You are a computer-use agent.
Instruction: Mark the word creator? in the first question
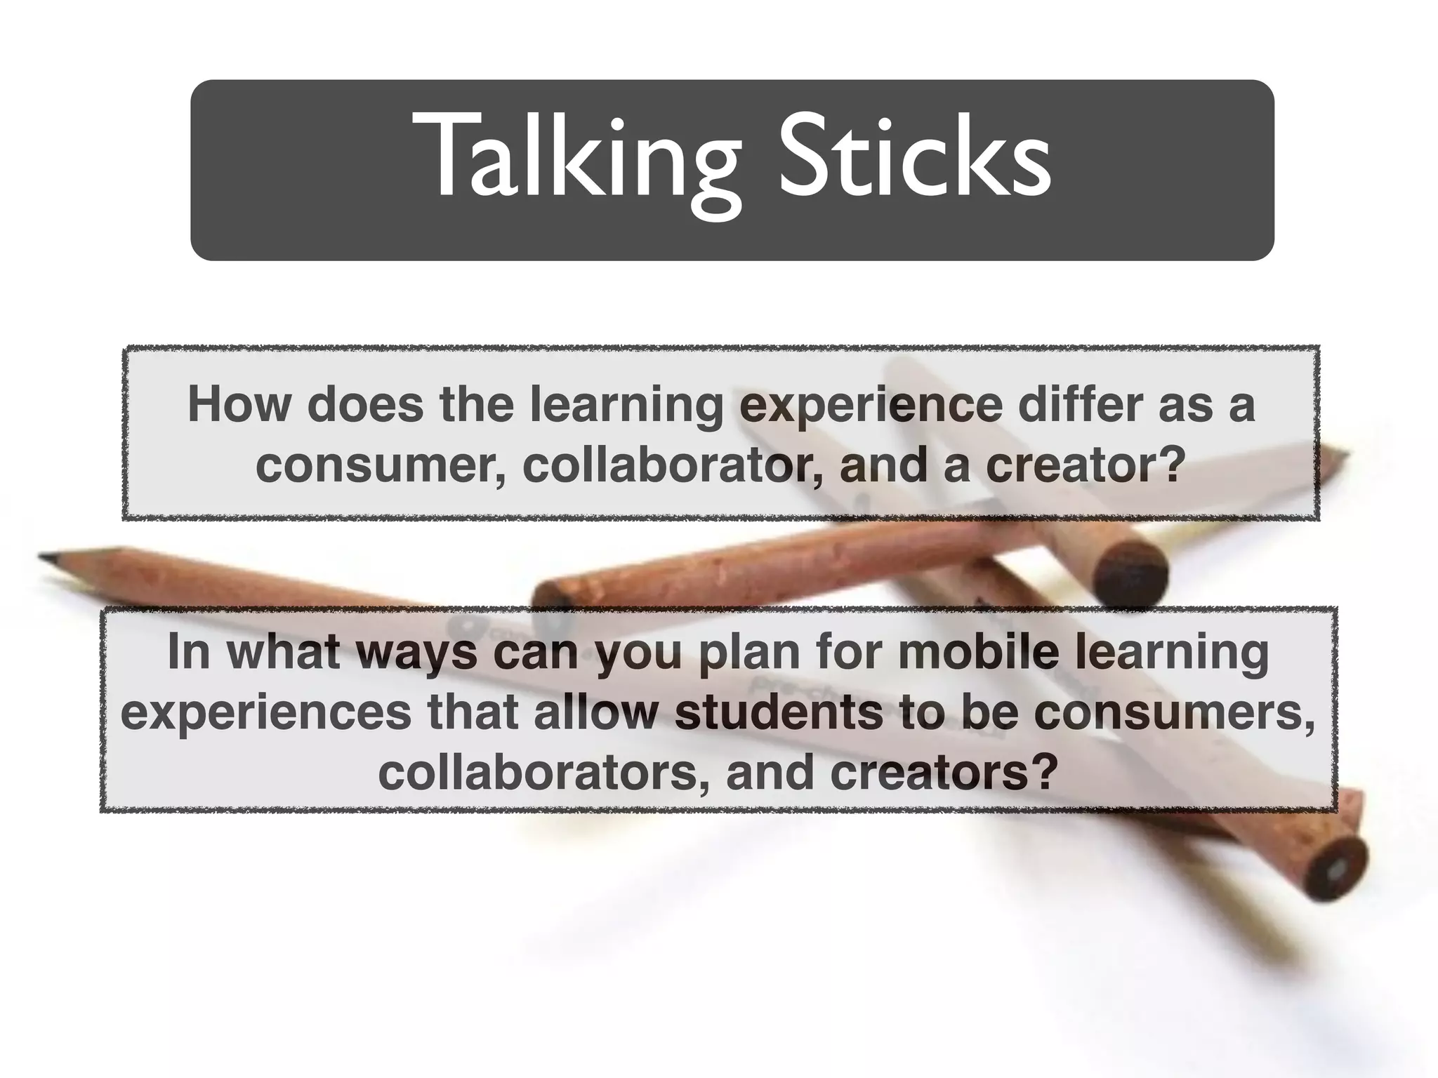tap(1086, 465)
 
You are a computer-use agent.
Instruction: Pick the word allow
tap(595, 712)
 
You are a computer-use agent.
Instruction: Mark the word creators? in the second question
tap(944, 772)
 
